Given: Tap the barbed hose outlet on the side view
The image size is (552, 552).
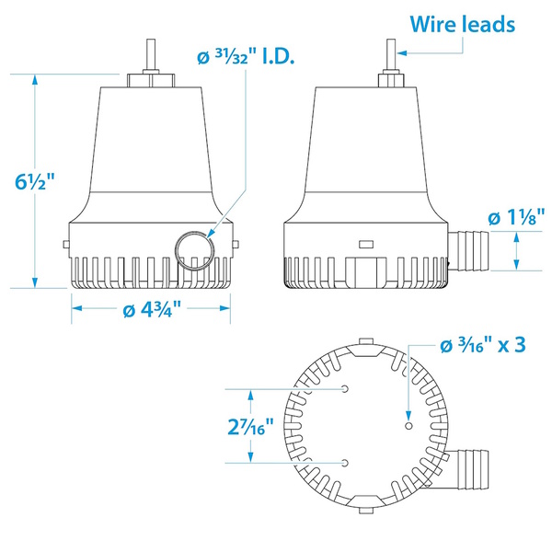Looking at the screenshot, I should (470, 247).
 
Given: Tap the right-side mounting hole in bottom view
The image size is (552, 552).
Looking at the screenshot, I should (408, 425).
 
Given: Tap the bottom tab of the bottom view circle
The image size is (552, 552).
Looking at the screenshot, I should (365, 505).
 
